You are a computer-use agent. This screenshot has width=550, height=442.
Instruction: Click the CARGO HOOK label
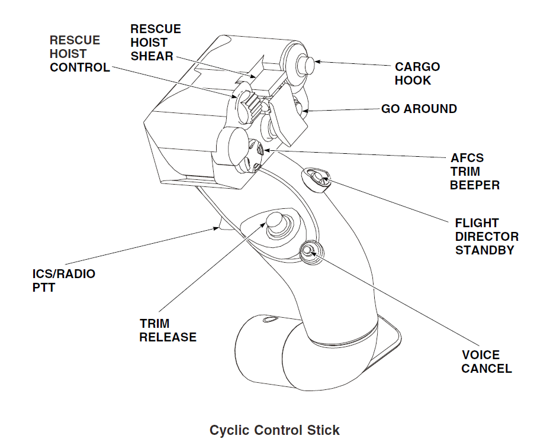pyautogui.click(x=417, y=73)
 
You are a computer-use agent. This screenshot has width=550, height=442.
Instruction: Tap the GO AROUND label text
pyautogui.click(x=419, y=109)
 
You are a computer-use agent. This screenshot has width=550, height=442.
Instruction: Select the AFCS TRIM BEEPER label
pyautogui.click(x=474, y=172)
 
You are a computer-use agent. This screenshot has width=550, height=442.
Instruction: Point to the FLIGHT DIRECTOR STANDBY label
pyautogui.click(x=487, y=237)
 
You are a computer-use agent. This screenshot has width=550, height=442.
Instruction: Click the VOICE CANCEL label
pyautogui.click(x=487, y=362)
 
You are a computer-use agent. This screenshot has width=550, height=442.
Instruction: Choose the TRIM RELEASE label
pyautogui.click(x=168, y=330)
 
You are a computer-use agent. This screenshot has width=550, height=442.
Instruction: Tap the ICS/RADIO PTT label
pyautogui.click(x=63, y=281)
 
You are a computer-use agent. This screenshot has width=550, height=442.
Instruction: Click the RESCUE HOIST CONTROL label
pyautogui.click(x=79, y=54)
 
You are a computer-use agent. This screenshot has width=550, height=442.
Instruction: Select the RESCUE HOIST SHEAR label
pyautogui.click(x=156, y=43)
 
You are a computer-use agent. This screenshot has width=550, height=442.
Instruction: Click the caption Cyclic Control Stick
pyautogui.click(x=275, y=430)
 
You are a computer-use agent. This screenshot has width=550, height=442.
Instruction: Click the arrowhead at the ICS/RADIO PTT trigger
pyautogui.click(x=217, y=227)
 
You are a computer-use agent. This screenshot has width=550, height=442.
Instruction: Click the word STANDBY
pyautogui.click(x=484, y=250)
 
